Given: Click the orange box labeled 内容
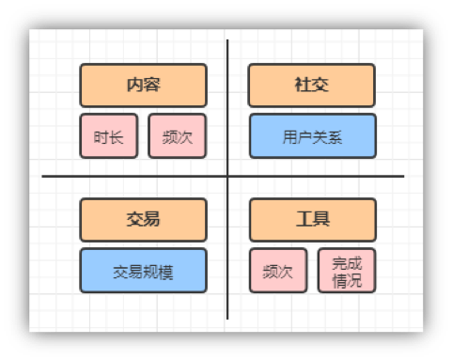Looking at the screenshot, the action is (x=143, y=86).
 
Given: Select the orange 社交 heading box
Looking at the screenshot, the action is (x=311, y=86).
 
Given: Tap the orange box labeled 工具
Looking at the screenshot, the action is (x=311, y=220).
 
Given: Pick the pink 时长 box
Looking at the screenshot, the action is (x=109, y=136).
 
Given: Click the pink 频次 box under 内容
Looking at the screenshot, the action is (x=177, y=136).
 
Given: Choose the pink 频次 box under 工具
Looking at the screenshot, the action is (x=278, y=272).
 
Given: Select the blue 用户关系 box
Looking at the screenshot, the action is (x=311, y=136).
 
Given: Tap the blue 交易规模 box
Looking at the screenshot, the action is (x=143, y=272).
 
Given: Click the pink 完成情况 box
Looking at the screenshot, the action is (x=346, y=272).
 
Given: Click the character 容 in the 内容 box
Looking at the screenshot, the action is (x=151, y=86).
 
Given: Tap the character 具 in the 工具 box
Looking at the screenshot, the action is (x=320, y=220).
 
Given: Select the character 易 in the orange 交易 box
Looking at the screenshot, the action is (x=151, y=220).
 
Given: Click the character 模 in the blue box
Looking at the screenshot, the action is (x=165, y=273).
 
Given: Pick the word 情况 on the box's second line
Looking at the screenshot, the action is (x=346, y=280).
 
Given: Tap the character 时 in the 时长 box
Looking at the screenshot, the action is (x=101, y=137).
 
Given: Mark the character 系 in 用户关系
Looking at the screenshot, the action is (x=335, y=137).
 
